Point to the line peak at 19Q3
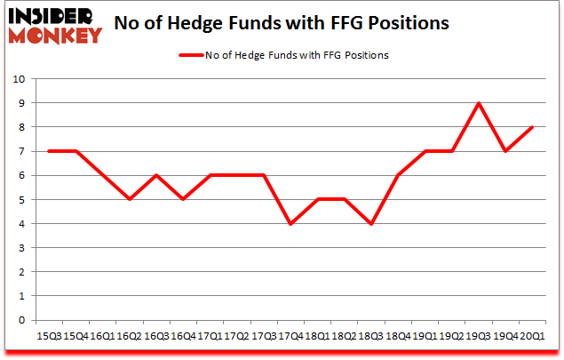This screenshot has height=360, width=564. [x=480, y=103]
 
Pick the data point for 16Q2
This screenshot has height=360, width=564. [x=130, y=199]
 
